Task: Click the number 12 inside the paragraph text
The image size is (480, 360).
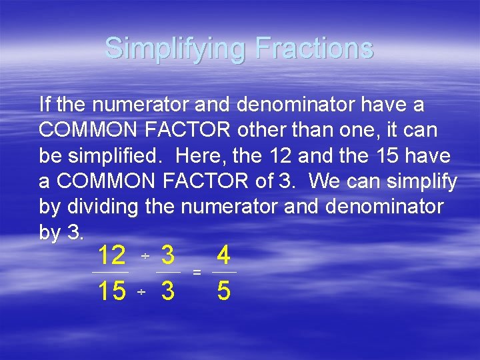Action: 279,155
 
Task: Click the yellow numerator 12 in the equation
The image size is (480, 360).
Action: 111,255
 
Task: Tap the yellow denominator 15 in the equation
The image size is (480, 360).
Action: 111,291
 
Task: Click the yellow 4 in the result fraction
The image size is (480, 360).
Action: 224,255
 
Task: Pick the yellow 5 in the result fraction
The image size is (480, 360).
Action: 224,291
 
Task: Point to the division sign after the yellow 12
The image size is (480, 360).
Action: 144,257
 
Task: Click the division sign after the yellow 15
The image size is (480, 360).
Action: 141,293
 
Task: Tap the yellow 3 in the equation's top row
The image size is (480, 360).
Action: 168,255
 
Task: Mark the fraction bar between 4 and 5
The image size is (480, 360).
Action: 224,273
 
